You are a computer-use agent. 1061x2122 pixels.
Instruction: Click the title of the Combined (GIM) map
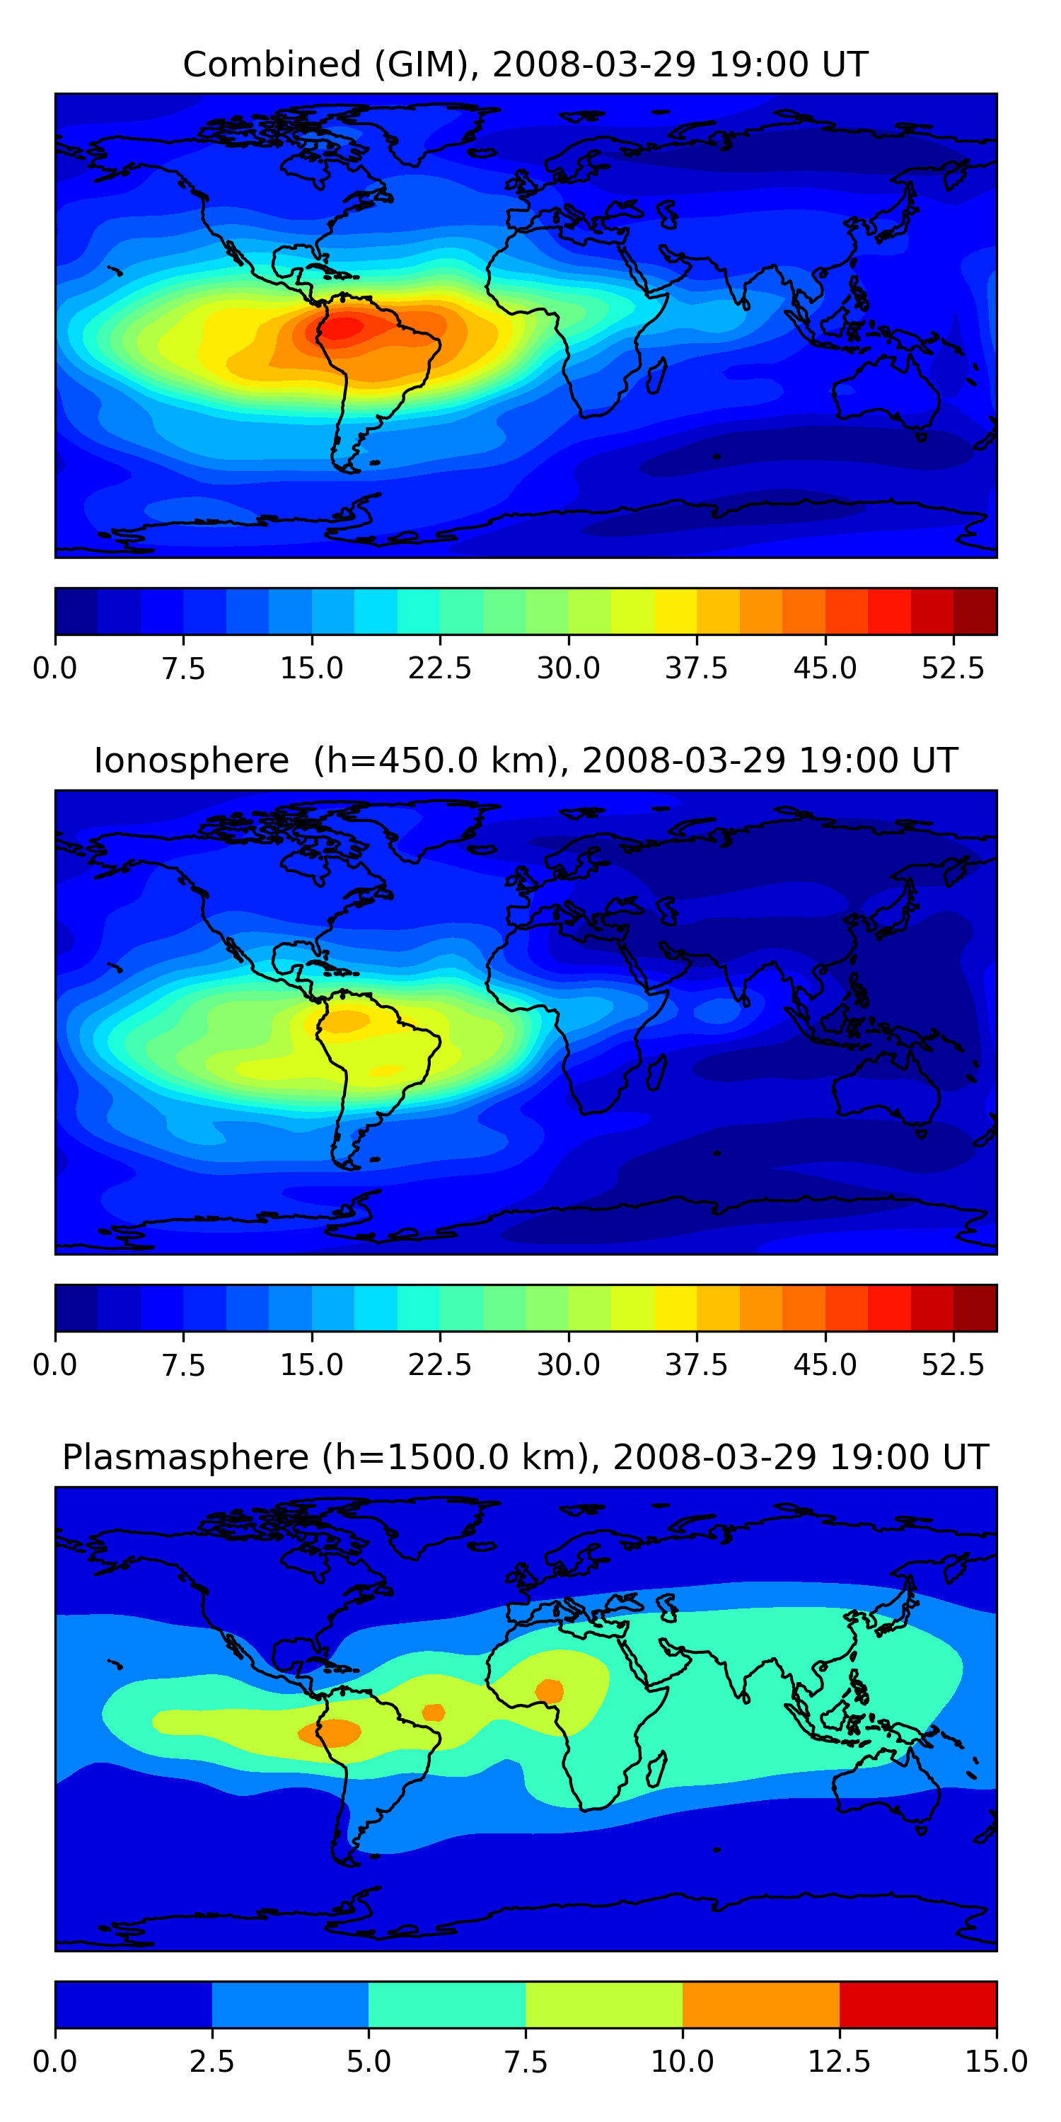[526, 64]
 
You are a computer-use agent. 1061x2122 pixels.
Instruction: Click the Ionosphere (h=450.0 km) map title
[526, 760]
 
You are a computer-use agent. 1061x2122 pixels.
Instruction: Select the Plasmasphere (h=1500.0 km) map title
[526, 1457]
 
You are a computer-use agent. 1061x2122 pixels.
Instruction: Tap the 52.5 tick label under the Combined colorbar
[953, 668]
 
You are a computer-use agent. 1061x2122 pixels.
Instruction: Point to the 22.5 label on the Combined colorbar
[440, 668]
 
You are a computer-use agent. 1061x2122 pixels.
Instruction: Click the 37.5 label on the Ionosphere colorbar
[697, 1365]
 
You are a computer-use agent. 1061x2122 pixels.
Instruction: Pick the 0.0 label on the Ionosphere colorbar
[55, 1365]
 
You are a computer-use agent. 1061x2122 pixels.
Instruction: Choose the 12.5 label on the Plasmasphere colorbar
[840, 2062]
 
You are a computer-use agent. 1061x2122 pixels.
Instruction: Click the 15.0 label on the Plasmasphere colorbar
[997, 2062]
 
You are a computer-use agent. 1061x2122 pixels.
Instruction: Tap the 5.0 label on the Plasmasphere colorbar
[369, 2062]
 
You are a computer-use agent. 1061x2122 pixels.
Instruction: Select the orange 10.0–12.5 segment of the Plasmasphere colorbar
[761, 2004]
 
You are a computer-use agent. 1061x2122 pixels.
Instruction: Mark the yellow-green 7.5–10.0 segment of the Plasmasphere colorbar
[604, 2004]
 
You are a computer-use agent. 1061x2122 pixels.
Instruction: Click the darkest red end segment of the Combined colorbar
[975, 611]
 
